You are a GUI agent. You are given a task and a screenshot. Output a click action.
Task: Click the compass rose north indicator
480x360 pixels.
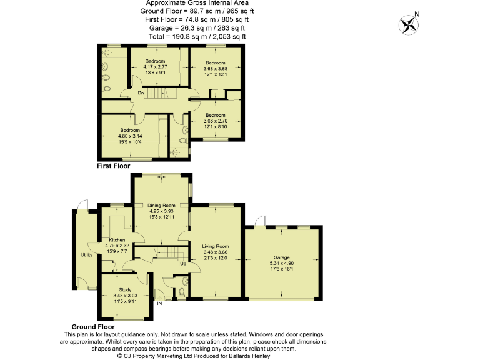[x=410, y=24]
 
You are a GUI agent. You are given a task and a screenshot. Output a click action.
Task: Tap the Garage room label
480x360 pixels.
[x=282, y=257]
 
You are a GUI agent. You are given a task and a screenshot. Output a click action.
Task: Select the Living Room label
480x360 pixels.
[x=216, y=246]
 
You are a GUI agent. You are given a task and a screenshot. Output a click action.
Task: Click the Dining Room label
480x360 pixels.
[x=161, y=205]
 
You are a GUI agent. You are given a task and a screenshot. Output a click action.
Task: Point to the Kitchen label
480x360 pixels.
[x=117, y=240]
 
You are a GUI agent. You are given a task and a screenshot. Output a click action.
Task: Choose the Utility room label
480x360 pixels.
[x=86, y=255]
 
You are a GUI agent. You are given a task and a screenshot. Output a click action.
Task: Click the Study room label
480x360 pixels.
[x=126, y=289]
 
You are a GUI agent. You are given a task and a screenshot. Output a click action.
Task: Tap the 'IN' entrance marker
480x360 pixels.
[x=159, y=304]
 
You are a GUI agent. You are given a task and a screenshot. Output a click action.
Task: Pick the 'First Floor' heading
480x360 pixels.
[x=113, y=166]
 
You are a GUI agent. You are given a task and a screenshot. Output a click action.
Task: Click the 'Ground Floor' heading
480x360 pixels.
[x=92, y=327]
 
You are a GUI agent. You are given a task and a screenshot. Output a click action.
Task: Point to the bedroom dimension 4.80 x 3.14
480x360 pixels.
[x=130, y=136]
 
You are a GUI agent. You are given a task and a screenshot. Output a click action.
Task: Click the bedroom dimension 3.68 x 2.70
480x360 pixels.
[x=216, y=121]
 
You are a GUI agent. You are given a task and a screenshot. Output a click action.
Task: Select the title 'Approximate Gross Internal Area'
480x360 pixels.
[x=197, y=3]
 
